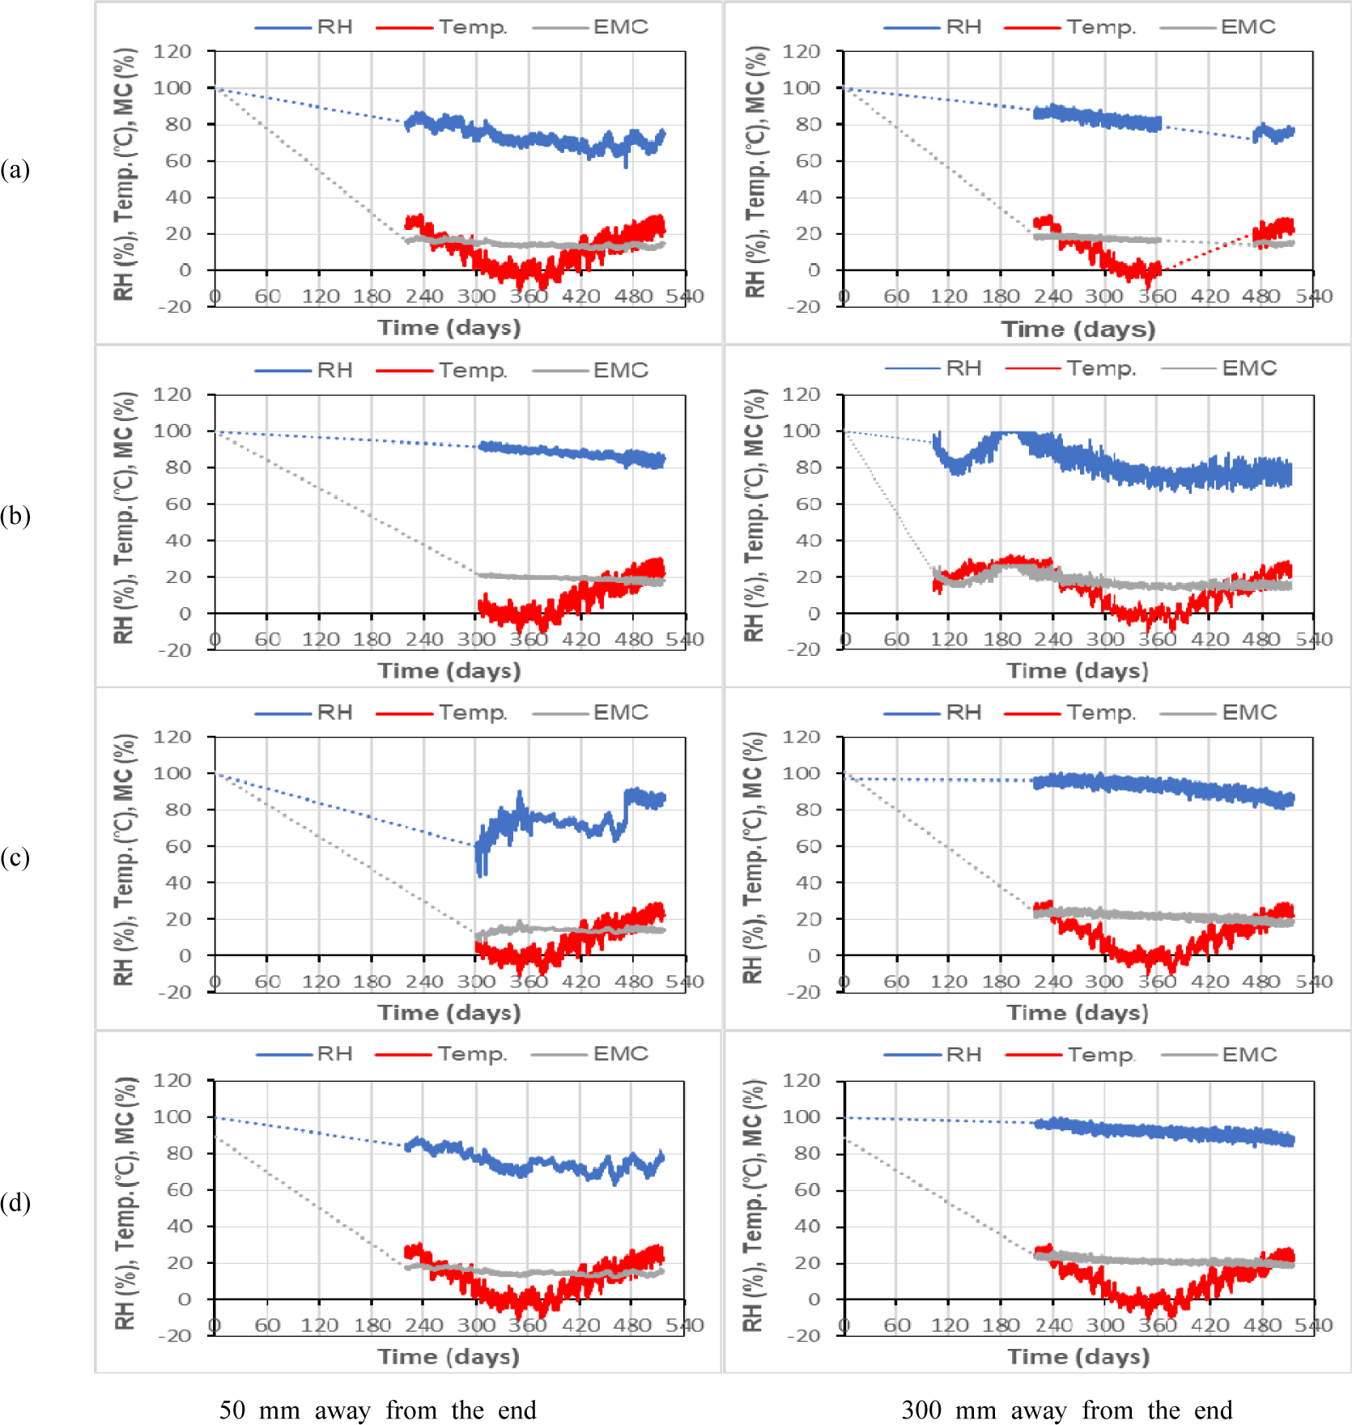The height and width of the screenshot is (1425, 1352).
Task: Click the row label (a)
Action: pyautogui.click(x=15, y=170)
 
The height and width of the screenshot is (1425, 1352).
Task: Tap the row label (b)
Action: pyautogui.click(x=15, y=516)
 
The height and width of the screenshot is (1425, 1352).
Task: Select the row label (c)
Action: pyautogui.click(x=15, y=857)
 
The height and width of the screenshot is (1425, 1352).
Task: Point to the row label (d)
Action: pyautogui.click(x=15, y=1202)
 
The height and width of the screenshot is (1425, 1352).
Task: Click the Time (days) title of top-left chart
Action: pyautogui.click(x=449, y=328)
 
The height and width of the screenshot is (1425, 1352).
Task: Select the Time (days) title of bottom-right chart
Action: pyautogui.click(x=1078, y=1357)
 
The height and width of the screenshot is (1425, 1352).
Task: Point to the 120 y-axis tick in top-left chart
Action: pyautogui.click(x=172, y=52)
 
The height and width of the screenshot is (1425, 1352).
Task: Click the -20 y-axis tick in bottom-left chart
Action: pyautogui.click(x=174, y=1336)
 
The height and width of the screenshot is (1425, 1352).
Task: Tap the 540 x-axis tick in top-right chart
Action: pyautogui.click(x=1313, y=296)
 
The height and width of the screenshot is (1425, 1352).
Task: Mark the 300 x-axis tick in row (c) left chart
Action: pyautogui.click(x=476, y=982)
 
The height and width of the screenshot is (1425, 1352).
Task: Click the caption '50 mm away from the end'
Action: pyautogui.click(x=377, y=1410)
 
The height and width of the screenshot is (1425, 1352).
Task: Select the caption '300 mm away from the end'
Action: pyautogui.click(x=1066, y=1410)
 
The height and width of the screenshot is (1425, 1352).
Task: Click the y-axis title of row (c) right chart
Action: pyautogui.click(x=754, y=857)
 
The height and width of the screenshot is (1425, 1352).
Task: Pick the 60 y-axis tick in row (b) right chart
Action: pyautogui.click(x=807, y=504)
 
